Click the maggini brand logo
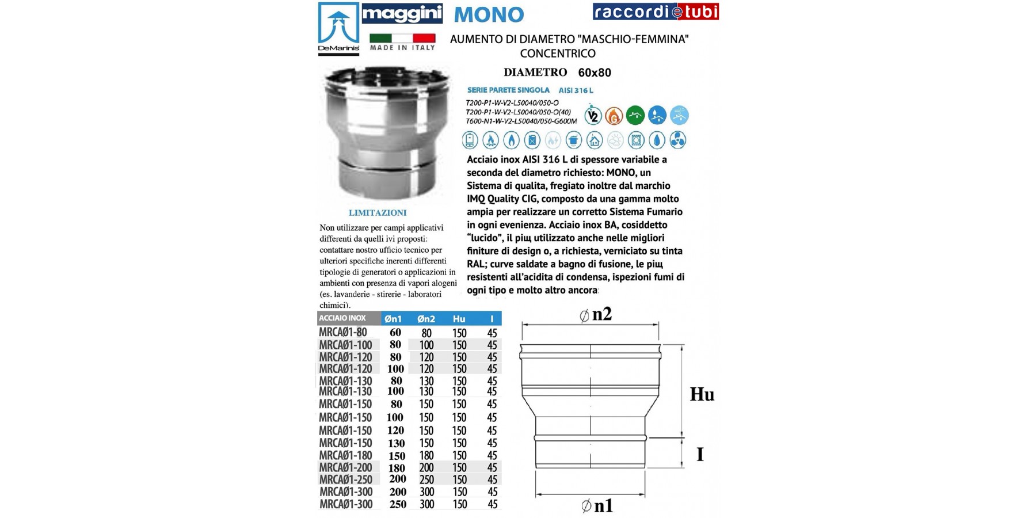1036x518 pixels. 402,13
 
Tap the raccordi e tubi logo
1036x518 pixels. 656,12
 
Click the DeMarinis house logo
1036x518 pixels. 338,28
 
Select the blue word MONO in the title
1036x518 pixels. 489,14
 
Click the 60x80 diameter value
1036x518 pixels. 595,73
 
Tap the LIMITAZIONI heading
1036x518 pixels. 378,213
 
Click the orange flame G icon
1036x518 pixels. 614,116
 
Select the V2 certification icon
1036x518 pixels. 593,116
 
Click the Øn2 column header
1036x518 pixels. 426,319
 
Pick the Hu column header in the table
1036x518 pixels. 459,319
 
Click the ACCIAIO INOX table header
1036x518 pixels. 342,318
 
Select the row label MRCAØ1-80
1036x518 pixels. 343,332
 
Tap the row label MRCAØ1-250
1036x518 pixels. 345,479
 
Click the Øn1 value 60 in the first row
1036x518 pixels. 395,333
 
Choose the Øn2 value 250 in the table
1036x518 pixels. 426,479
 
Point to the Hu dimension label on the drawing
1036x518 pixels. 702,394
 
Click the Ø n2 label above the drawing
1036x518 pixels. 595,314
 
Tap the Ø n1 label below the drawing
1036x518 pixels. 597,506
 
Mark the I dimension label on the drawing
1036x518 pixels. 700,454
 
